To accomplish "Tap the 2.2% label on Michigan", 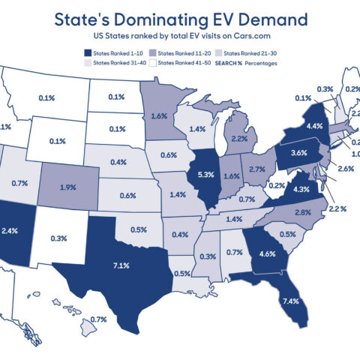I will point(239,139).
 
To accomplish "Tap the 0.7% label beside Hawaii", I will point(98,319).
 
